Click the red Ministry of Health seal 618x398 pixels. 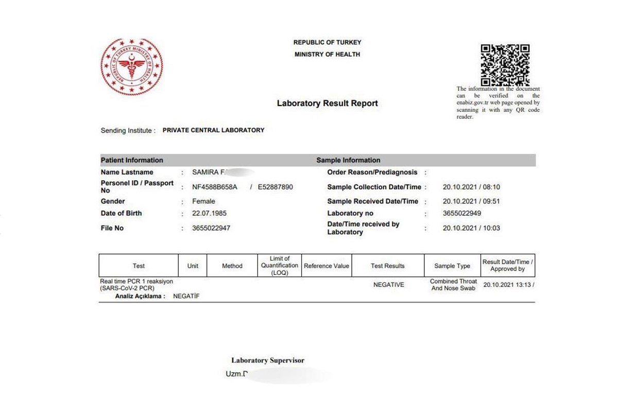coord(131,67)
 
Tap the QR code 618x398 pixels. coord(505,65)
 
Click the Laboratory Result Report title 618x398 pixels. coord(327,103)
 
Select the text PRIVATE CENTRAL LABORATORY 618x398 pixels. coord(213,130)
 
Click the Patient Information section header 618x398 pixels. coord(132,160)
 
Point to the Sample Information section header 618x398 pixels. coord(348,160)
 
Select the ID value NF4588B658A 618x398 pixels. coord(215,187)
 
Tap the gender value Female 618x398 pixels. coord(203,201)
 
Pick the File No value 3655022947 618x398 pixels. coord(211,228)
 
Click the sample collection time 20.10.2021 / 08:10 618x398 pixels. coord(471,187)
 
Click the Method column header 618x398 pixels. coord(232,266)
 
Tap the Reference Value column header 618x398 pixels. coord(327,266)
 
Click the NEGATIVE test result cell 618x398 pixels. coord(388,285)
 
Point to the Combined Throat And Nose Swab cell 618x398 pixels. coord(453,285)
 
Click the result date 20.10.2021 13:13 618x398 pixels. coord(507,285)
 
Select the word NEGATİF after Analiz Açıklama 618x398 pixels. coord(186,296)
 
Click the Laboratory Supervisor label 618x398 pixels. coord(268,360)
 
